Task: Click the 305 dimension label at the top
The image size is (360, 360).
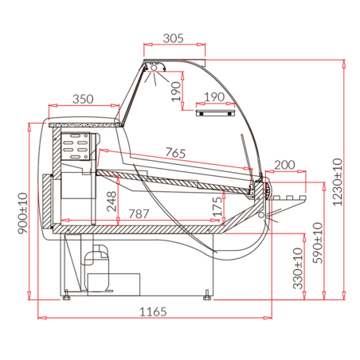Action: click(x=174, y=37)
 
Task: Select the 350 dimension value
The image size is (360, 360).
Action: click(x=82, y=99)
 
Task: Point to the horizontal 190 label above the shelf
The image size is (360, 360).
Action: click(x=213, y=97)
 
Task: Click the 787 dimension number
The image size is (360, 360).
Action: click(x=139, y=213)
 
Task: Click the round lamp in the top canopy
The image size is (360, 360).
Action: click(x=153, y=70)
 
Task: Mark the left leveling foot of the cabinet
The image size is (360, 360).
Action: click(x=67, y=297)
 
